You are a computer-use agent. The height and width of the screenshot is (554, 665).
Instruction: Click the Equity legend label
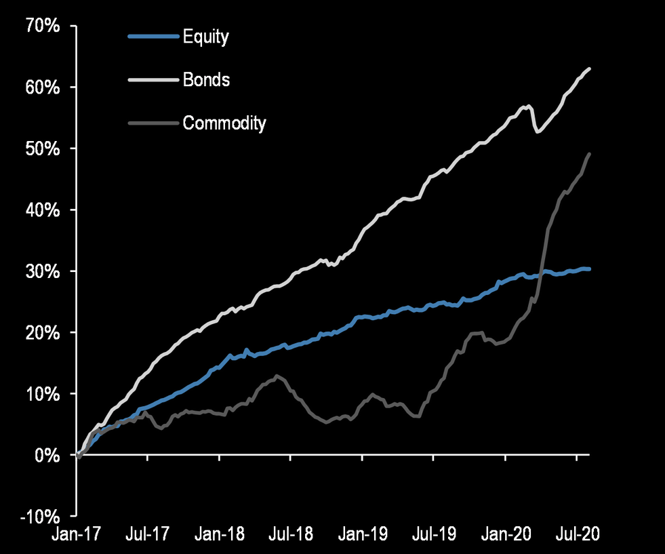coord(205,37)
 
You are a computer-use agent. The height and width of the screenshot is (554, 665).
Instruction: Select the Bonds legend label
coord(206,80)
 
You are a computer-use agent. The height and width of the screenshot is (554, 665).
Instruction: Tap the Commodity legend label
coord(224,123)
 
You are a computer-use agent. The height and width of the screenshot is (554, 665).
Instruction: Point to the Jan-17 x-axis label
coord(77,534)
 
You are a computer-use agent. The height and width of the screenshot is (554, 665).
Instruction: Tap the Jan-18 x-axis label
coord(220,534)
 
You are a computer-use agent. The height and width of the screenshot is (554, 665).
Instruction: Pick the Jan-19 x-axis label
coord(363,534)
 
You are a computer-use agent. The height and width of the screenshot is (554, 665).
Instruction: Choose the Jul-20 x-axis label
coord(578,534)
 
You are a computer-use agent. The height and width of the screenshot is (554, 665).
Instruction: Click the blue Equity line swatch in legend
coord(153,37)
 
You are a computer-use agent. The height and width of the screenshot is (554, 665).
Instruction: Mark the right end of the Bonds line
coord(589,68)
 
